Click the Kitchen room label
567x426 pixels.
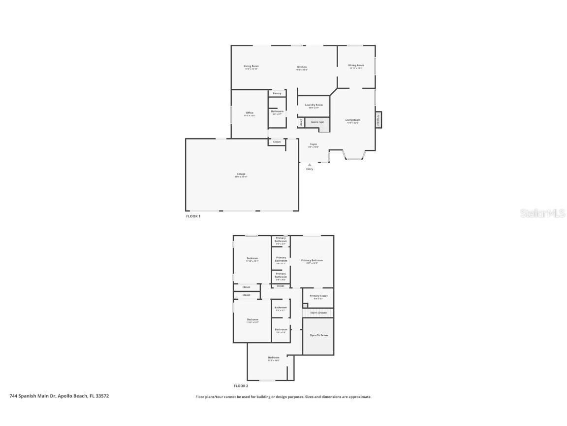(302, 67)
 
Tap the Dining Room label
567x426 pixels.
(356, 65)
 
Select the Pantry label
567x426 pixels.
(277, 93)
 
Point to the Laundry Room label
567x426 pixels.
(314, 105)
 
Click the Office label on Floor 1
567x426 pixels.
(250, 113)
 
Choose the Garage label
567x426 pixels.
(241, 174)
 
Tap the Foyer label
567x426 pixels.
(314, 144)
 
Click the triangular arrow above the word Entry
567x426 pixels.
(310, 165)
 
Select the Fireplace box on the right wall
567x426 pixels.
(378, 120)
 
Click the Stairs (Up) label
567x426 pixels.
(317, 122)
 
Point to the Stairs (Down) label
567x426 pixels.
(318, 313)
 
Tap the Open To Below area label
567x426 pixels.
(318, 335)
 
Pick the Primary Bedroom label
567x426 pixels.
(312, 260)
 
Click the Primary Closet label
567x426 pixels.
(318, 296)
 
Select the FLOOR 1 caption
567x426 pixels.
(193, 216)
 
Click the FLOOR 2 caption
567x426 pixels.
(241, 386)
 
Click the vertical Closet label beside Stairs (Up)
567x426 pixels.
(301, 122)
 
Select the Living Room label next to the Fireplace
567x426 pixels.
(352, 120)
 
